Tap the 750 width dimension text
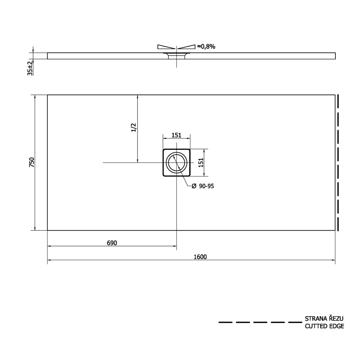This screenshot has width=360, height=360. coord(31,162)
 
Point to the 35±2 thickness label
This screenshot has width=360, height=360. coord(30,67)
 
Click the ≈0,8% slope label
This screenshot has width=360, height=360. coord(206,46)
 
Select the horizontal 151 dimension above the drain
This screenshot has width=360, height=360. coord(176,135)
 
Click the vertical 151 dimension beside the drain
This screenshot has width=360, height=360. coord(201,162)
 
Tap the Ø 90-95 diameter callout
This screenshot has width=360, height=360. coord(202,186)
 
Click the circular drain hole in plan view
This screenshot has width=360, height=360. coord(176,162)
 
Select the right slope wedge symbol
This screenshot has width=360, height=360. coord(186,47)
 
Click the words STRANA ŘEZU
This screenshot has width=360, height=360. coord(324,319)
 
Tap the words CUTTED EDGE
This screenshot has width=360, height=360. coord(324,326)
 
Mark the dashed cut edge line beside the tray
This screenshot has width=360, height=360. coord(337,162)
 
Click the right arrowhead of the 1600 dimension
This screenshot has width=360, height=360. coord(333,260)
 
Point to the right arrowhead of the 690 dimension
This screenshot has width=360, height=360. coord(174,246)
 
